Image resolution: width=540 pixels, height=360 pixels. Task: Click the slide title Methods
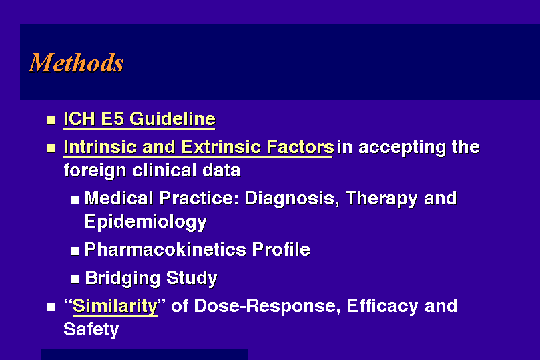(76, 63)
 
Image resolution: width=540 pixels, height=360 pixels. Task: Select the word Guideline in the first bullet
(172, 119)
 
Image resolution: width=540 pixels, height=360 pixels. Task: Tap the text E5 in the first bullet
(112, 119)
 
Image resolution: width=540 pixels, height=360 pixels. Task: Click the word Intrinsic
(101, 147)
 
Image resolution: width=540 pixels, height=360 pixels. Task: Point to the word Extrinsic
(221, 147)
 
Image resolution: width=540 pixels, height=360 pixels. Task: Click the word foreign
(95, 171)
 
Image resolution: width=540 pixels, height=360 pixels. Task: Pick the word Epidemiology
(146, 222)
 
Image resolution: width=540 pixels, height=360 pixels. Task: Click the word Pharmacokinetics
(166, 249)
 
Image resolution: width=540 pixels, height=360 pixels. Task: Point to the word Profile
(281, 249)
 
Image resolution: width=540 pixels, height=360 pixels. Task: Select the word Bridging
(122, 279)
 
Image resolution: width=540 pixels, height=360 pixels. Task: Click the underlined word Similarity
(115, 307)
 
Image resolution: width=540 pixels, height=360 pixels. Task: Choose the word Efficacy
(382, 307)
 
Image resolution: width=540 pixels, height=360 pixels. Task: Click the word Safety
(91, 330)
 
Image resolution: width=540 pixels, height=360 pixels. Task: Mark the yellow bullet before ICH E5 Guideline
(51, 120)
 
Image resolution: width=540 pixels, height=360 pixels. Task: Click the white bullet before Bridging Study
(75, 279)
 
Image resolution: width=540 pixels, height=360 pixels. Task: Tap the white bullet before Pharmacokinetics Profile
(75, 250)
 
